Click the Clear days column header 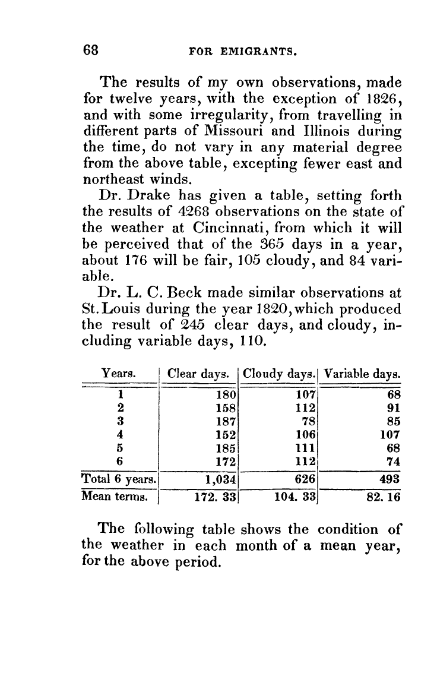(x=198, y=374)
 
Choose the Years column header (x=119, y=374)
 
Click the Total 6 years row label (x=119, y=479)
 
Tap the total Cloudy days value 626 (x=303, y=479)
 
